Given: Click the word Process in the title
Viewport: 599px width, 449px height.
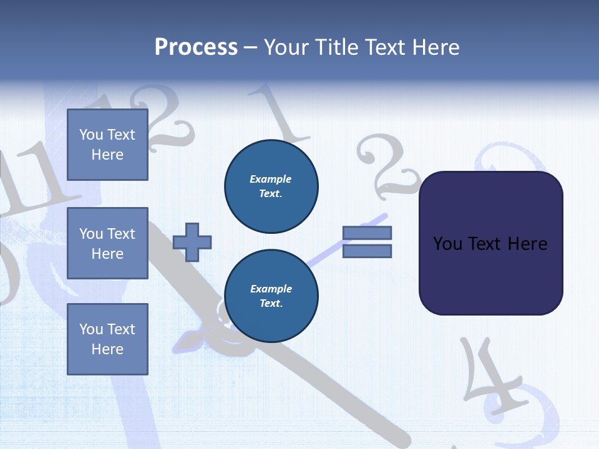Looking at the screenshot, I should click(x=196, y=47).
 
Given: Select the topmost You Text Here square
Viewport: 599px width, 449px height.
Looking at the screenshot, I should click(x=107, y=145).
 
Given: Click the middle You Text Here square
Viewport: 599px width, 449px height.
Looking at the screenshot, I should click(x=107, y=243).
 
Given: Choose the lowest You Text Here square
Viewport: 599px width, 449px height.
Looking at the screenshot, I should click(x=107, y=339).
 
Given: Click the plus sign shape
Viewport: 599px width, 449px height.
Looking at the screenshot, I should click(x=192, y=242).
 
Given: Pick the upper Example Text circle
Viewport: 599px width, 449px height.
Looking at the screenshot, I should click(x=271, y=186).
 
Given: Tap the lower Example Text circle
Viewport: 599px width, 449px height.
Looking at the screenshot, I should click(x=271, y=296).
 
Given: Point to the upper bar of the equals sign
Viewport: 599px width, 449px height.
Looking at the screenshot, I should click(x=367, y=233).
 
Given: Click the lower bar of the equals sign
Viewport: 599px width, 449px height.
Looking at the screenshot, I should click(x=367, y=251).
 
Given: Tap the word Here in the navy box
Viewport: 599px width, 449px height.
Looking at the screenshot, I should click(x=527, y=244).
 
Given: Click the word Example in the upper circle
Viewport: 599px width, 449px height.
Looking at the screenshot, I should click(x=271, y=179).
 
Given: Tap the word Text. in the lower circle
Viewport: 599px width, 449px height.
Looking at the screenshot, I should click(x=271, y=304).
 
